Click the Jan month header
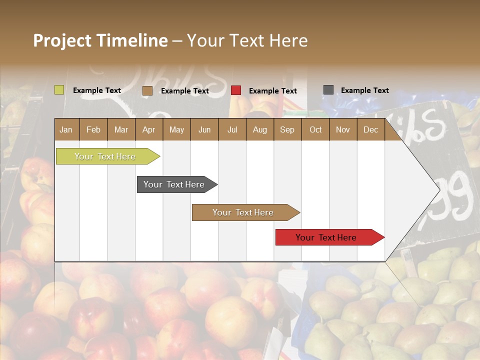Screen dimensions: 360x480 click(66, 129)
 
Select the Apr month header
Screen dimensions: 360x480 click(148, 129)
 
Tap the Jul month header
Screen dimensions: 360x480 click(232, 129)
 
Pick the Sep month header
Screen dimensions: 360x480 click(287, 129)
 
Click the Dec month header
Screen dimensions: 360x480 click(370, 129)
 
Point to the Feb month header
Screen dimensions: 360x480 click(93, 129)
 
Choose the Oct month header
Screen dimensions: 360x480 click(315, 129)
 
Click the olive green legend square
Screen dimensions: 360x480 click(59, 90)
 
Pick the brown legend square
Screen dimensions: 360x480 click(147, 90)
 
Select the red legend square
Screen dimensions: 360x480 click(236, 90)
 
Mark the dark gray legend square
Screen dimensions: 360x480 click(328, 90)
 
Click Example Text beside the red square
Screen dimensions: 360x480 click(272, 91)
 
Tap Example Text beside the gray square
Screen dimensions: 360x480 click(364, 90)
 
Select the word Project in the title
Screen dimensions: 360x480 click(62, 40)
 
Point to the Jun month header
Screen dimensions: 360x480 click(204, 129)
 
